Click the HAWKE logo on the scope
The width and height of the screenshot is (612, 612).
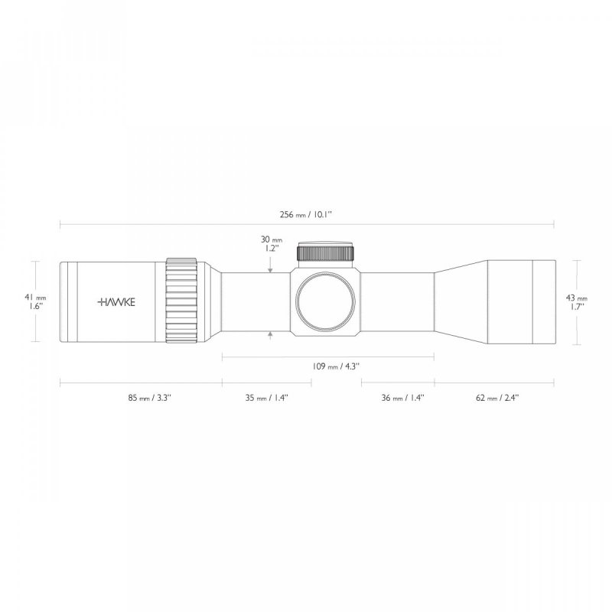click(x=116, y=302)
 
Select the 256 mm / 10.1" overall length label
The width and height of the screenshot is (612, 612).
click(x=306, y=214)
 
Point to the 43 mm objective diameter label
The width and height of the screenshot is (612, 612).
click(x=577, y=302)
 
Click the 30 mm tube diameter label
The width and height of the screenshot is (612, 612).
click(x=272, y=244)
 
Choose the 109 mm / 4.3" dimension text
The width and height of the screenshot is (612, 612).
click(x=336, y=366)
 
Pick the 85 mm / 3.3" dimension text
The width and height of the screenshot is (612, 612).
click(x=150, y=398)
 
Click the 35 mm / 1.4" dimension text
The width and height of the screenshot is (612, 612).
click(x=266, y=398)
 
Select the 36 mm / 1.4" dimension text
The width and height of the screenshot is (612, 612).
click(x=403, y=398)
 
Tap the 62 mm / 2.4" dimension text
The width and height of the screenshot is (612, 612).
click(x=497, y=398)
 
